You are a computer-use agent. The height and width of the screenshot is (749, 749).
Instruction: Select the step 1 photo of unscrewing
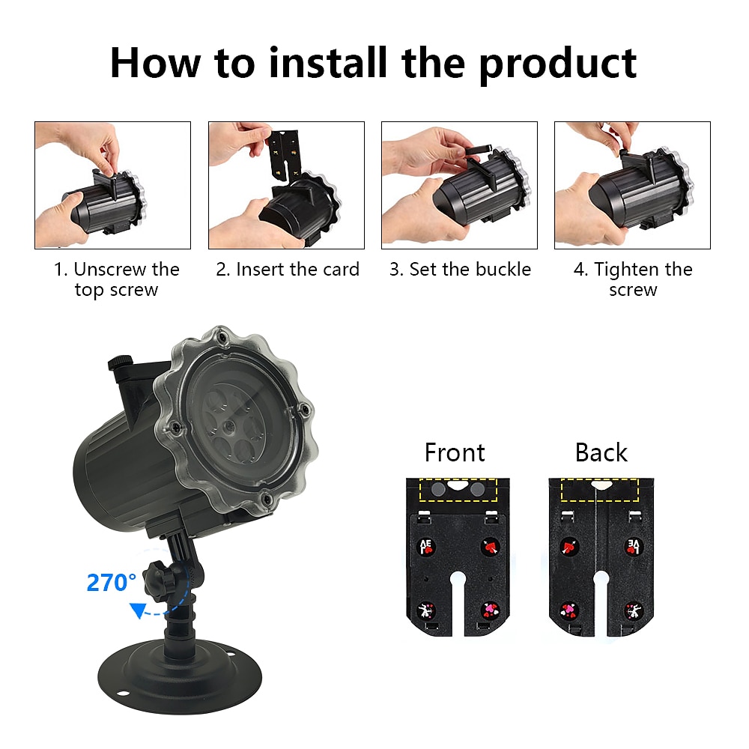point(112,185)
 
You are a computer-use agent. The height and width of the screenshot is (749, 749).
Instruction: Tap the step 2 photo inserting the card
point(286,185)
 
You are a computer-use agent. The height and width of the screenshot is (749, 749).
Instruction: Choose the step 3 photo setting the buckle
point(459,185)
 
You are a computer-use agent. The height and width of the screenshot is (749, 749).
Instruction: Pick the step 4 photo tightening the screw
point(632,185)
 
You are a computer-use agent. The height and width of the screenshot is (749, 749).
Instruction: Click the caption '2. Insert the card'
point(288,270)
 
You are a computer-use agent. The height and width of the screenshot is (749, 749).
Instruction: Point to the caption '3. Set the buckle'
point(460,270)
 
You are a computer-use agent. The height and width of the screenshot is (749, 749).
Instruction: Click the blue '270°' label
point(112,583)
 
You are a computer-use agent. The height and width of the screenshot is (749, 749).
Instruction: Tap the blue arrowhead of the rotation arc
point(137,613)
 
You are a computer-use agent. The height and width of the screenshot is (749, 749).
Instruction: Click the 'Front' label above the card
point(454,453)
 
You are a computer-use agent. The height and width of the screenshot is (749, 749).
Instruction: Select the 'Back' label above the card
point(601,453)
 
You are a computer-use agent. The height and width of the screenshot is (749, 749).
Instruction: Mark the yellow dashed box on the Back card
point(599,491)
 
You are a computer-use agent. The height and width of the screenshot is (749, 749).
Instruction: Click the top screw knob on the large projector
point(120,364)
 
